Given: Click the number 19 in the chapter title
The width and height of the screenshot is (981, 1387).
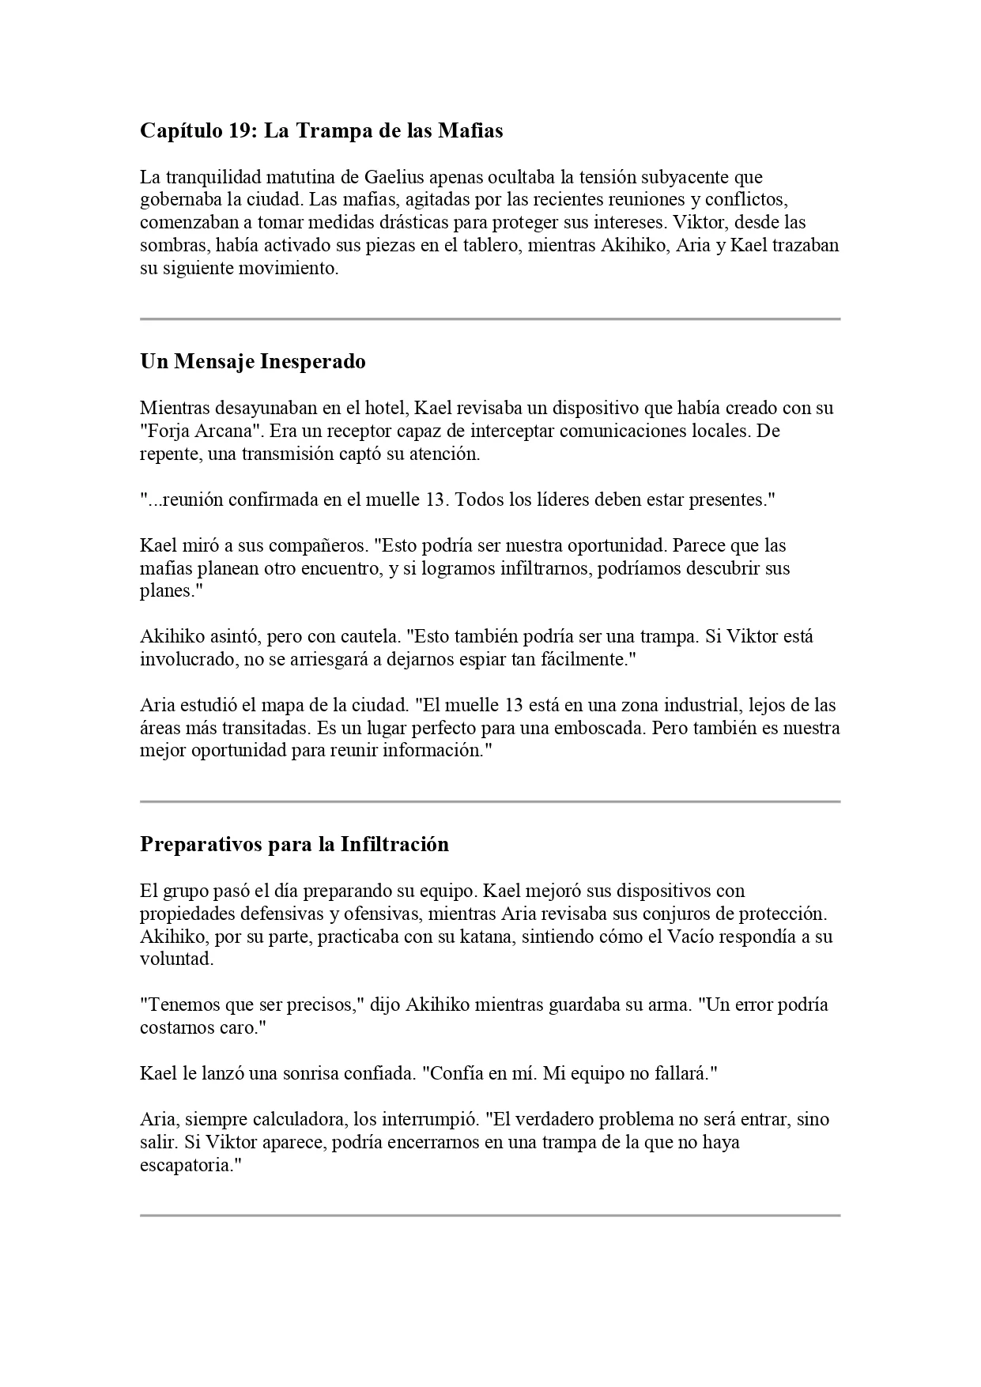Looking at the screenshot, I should tap(240, 130).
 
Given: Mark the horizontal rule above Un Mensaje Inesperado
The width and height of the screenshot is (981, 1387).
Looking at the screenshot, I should tap(490, 319).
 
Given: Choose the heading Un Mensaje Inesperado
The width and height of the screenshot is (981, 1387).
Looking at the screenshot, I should tap(253, 362).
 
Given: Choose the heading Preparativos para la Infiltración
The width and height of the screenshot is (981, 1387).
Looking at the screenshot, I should tap(294, 844).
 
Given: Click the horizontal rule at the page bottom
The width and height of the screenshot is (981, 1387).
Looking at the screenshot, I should tap(490, 1215).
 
